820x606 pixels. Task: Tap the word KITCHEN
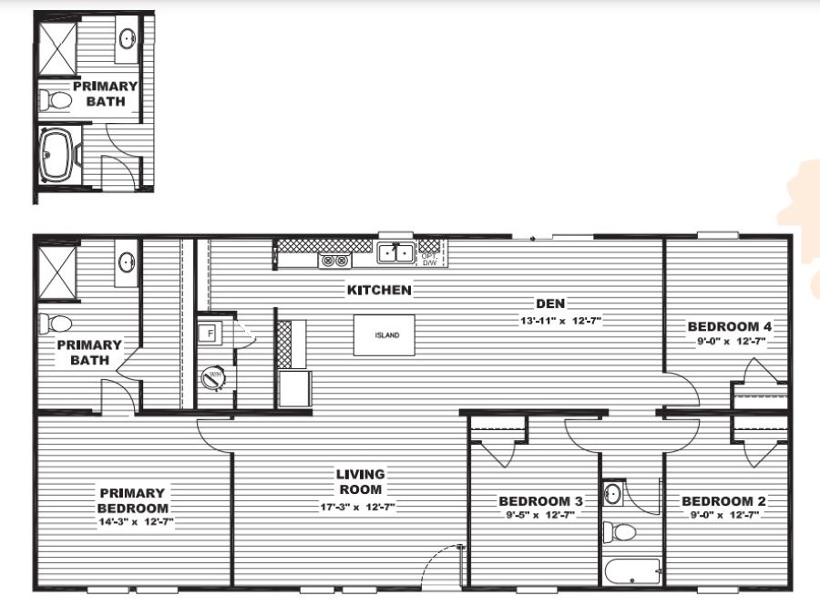(x=378, y=291)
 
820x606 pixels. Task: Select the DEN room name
(x=547, y=304)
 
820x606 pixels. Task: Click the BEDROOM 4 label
(x=723, y=326)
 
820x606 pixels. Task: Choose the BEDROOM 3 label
(x=540, y=501)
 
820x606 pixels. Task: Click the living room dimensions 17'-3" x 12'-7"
(x=356, y=507)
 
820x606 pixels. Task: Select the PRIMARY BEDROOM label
(x=133, y=500)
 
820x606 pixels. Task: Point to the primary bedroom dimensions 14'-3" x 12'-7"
(x=134, y=522)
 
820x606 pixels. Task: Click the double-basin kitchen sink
(x=396, y=252)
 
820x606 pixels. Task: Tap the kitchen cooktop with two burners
(x=333, y=262)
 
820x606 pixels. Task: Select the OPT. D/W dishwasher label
(x=429, y=259)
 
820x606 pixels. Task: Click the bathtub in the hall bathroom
(x=631, y=573)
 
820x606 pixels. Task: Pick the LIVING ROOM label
(x=360, y=482)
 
